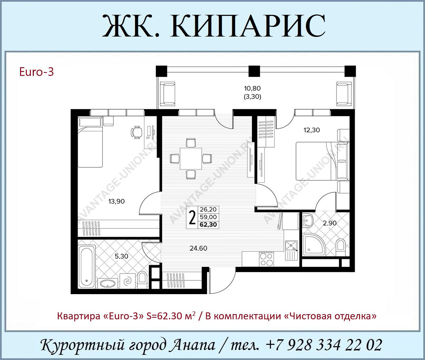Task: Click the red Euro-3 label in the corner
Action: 37,72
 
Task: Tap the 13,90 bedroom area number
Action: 117,201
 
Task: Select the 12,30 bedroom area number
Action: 312,130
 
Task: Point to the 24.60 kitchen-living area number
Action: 199,248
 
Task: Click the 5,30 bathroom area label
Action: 121,256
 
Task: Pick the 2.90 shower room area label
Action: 330,223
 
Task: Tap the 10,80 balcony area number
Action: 252,89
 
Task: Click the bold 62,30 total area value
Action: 208,224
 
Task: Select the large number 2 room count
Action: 192,218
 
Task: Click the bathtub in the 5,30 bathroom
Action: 87,267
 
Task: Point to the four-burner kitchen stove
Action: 266,259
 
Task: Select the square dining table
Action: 191,158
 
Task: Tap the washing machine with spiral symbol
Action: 128,281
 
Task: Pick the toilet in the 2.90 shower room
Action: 341,248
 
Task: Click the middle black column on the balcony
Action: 254,71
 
